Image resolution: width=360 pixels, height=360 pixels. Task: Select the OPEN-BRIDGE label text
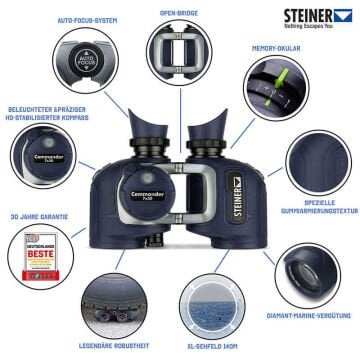[x=180, y=14]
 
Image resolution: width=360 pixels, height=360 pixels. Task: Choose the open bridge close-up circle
[x=180, y=55]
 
